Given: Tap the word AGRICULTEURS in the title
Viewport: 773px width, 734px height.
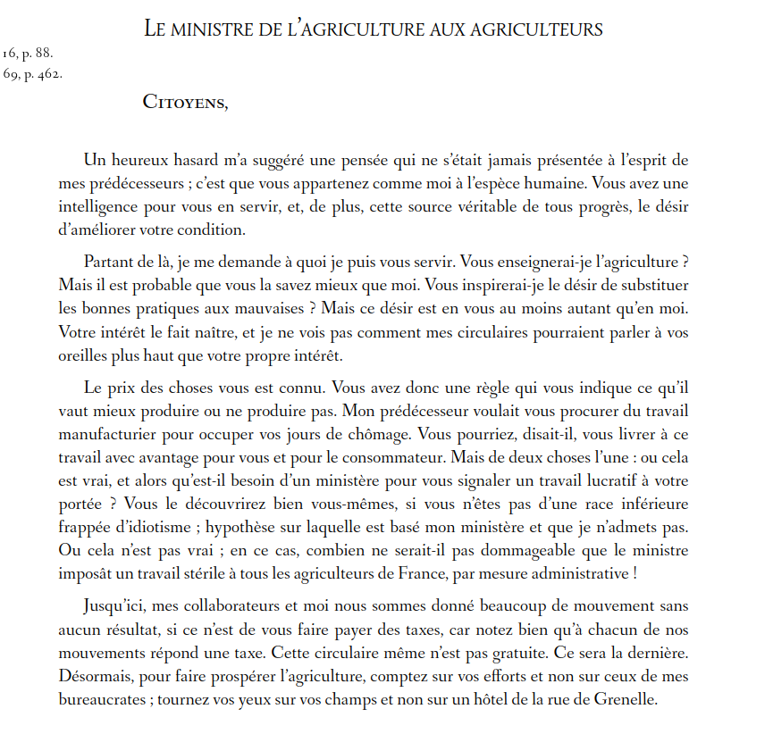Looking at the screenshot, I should pos(534,29).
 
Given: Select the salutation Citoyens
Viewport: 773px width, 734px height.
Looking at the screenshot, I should pos(185,103).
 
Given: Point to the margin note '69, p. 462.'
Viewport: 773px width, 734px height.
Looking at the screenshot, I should pos(32,74).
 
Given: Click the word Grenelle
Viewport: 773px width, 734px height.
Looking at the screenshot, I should pos(625,700).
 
